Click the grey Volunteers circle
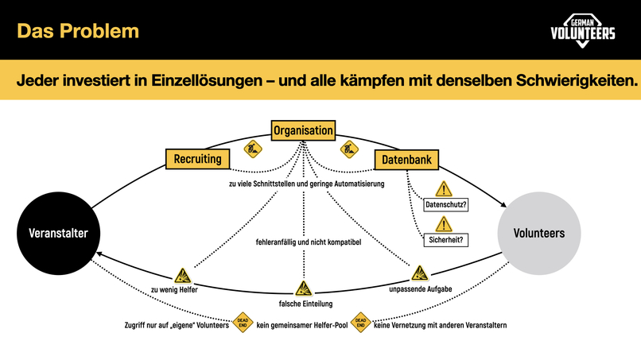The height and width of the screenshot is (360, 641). pyautogui.click(x=538, y=233)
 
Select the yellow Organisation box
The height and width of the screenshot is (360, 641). pyautogui.click(x=303, y=130)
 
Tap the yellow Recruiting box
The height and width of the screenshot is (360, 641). pyautogui.click(x=198, y=159)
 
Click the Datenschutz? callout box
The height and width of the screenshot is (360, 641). pyautogui.click(x=446, y=205)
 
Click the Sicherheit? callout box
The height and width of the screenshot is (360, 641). pyautogui.click(x=446, y=239)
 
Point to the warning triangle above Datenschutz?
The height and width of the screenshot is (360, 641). pyautogui.click(x=444, y=189)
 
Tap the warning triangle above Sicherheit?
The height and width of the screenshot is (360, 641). pyautogui.click(x=444, y=223)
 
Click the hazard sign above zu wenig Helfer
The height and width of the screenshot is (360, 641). pyautogui.click(x=184, y=276)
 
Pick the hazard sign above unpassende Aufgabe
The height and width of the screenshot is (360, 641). pyautogui.click(x=419, y=274)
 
